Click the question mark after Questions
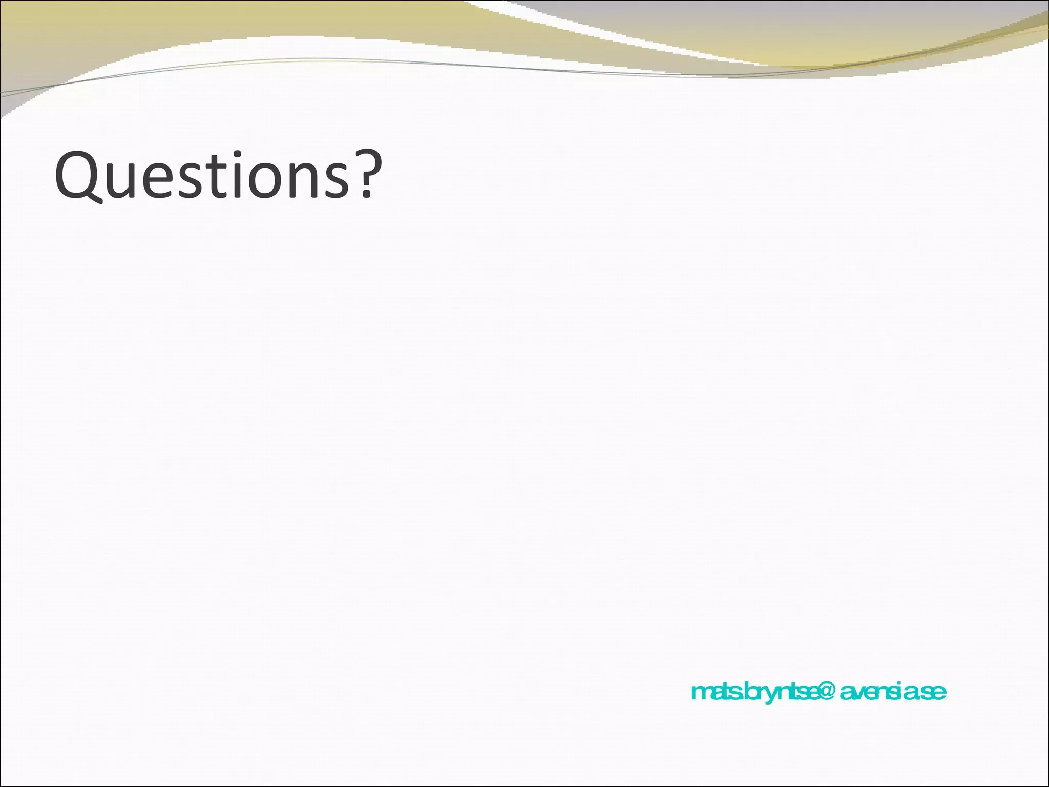coord(370,174)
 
